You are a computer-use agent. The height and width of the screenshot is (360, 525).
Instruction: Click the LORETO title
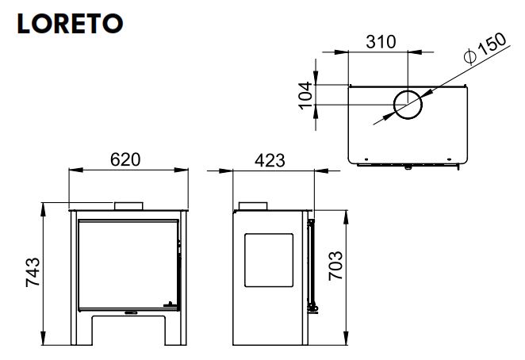[x=71, y=24]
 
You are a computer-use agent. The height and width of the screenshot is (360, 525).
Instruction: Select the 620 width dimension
[x=125, y=159]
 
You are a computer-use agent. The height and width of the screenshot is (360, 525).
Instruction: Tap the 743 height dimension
[x=33, y=272]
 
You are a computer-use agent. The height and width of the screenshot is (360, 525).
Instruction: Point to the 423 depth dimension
[x=270, y=160]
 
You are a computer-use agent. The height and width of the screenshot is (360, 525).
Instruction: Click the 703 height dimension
[x=335, y=266]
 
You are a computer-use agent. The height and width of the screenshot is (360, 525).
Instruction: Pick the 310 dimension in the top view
[x=381, y=42]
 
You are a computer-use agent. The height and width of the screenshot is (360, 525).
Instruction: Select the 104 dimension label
[x=305, y=95]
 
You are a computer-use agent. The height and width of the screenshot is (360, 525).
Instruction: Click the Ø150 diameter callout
[x=485, y=48]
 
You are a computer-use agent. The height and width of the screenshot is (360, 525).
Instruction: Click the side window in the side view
[x=269, y=260]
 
